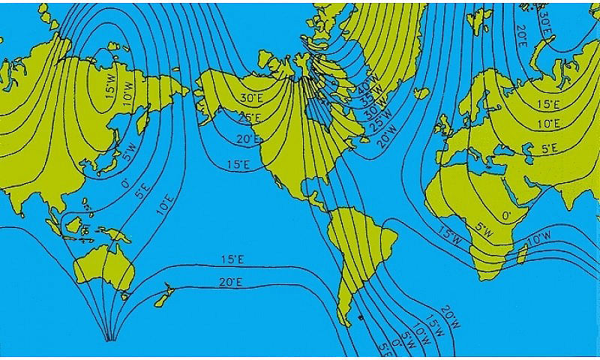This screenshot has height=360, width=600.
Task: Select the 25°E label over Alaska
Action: [250, 118]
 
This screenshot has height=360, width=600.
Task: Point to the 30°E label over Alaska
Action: [252, 98]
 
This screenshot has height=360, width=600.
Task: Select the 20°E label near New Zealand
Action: [230, 283]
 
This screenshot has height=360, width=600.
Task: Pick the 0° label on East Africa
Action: [506, 215]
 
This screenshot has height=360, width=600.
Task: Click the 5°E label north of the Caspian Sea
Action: [550, 148]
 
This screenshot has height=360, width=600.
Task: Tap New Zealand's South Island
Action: [160, 301]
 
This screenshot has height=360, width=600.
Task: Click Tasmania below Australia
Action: [125, 295]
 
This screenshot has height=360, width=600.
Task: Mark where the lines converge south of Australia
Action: [109, 340]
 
